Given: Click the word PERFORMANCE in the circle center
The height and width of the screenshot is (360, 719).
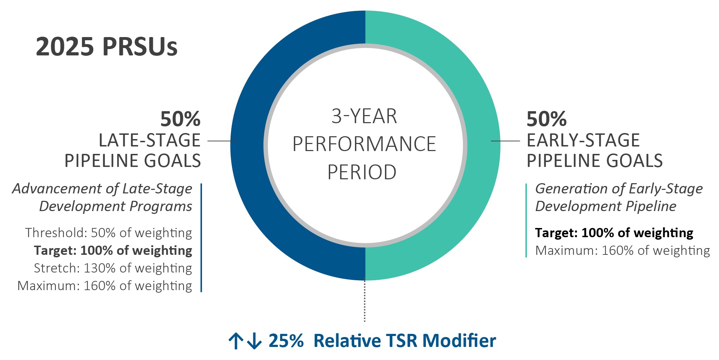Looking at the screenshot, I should tap(364, 144).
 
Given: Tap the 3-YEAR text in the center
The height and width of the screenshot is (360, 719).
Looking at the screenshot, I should tap(364, 116).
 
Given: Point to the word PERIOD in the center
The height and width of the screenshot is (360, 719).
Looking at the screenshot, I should tap(362, 172).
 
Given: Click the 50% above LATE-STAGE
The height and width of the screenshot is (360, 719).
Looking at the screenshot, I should tap(180, 119).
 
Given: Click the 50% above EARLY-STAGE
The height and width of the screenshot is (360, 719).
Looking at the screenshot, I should tap(546, 119).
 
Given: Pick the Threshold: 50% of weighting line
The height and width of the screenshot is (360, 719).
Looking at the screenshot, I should tap(108, 233).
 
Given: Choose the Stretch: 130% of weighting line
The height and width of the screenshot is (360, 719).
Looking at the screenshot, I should tap(113, 268).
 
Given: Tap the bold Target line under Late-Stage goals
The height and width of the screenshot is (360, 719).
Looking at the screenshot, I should tap(113, 251).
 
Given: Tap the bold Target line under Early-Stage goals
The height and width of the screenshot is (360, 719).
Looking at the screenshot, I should tap(614, 233).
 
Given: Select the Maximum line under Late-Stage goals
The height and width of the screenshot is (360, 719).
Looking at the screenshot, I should tap(105, 286).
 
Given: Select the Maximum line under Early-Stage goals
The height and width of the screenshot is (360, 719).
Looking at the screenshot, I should tap(622, 251).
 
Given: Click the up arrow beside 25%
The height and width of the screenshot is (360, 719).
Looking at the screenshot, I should tap(236, 341).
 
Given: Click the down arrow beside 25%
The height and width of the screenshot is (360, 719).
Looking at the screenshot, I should tap(254, 341).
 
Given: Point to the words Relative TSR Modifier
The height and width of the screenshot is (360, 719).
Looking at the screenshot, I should tap(404, 341).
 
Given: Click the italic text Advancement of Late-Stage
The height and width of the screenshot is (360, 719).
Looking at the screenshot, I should tap(102, 189).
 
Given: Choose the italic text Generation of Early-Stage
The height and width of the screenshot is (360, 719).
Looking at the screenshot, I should tap(619, 189).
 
